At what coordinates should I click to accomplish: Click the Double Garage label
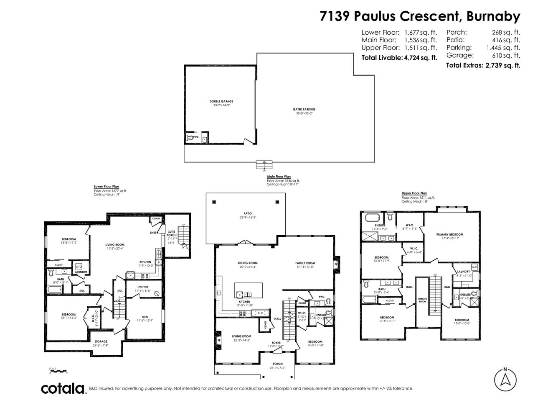coord(221,101)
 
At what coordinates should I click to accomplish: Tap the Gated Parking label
coord(304,109)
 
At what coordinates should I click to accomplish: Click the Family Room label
coord(304,263)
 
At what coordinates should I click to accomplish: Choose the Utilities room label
coord(143,287)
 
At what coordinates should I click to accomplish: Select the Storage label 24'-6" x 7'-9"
coord(100,341)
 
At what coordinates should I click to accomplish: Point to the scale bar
coord(58,371)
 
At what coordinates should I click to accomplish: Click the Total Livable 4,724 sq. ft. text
coord(399,58)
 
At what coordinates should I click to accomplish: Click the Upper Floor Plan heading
coord(414,193)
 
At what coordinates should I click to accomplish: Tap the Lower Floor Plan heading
coord(107,187)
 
